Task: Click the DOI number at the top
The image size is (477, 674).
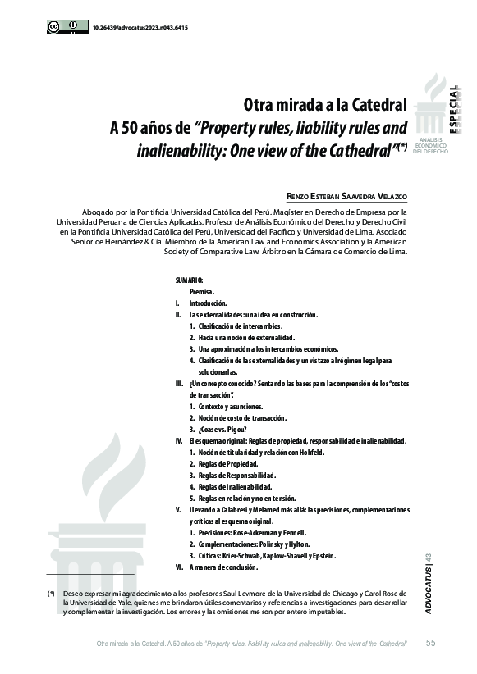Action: pos(140,27)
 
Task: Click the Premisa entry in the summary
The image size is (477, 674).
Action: pos(202,292)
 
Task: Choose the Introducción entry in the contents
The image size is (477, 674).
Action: pos(208,303)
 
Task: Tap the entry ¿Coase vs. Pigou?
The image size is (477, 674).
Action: pos(223,430)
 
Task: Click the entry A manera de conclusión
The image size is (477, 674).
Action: pos(223,567)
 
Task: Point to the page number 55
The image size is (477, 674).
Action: pos(431,642)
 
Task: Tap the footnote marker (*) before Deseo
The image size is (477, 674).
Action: pos(51,591)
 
